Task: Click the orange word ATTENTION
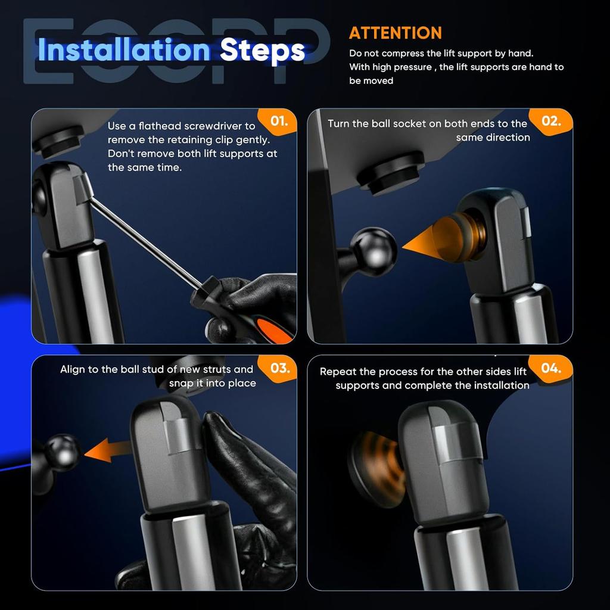click(x=396, y=33)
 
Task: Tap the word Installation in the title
click(x=124, y=51)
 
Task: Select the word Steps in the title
click(x=262, y=51)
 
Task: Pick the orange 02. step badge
click(x=551, y=121)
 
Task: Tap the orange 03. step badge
click(x=280, y=368)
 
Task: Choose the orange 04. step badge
click(x=551, y=368)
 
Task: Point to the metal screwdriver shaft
click(x=146, y=243)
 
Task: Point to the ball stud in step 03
click(x=62, y=452)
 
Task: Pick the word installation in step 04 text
click(x=499, y=385)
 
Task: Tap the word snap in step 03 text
click(x=181, y=384)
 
